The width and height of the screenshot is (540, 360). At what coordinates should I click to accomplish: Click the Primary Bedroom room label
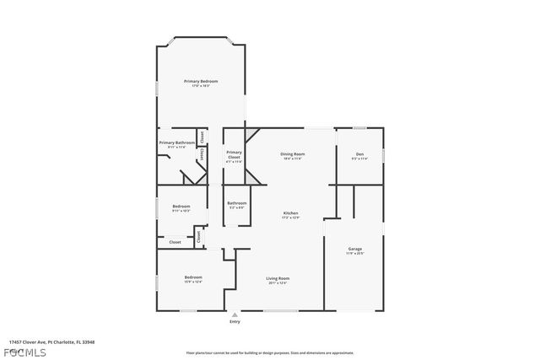point(201,81)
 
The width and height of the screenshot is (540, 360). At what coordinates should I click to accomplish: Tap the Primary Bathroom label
point(177,142)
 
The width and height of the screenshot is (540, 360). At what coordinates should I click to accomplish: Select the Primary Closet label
point(234,153)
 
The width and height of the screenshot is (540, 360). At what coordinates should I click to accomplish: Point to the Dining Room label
point(293,153)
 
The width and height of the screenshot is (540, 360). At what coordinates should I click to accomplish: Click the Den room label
point(359,154)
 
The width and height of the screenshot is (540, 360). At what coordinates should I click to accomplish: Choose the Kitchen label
point(290,213)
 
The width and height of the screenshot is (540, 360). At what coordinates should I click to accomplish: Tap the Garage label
point(355,249)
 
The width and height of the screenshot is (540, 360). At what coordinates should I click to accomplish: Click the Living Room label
point(278,278)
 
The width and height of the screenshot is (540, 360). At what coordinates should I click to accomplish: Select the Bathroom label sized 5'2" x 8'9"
point(237,202)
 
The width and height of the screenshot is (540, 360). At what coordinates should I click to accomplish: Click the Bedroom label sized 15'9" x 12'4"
point(193,277)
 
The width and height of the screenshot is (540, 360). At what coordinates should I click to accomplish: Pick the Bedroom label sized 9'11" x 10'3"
point(181,207)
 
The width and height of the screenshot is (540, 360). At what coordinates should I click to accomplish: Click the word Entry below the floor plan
point(235,321)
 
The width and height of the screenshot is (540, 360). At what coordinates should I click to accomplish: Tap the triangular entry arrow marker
point(235,314)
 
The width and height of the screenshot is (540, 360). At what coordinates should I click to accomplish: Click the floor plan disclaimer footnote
point(269,352)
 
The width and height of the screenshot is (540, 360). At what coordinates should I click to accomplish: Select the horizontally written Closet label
point(175,242)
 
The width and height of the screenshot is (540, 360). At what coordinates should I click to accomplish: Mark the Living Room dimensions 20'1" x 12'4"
point(278,283)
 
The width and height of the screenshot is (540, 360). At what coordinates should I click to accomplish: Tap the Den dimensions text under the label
point(359,159)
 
